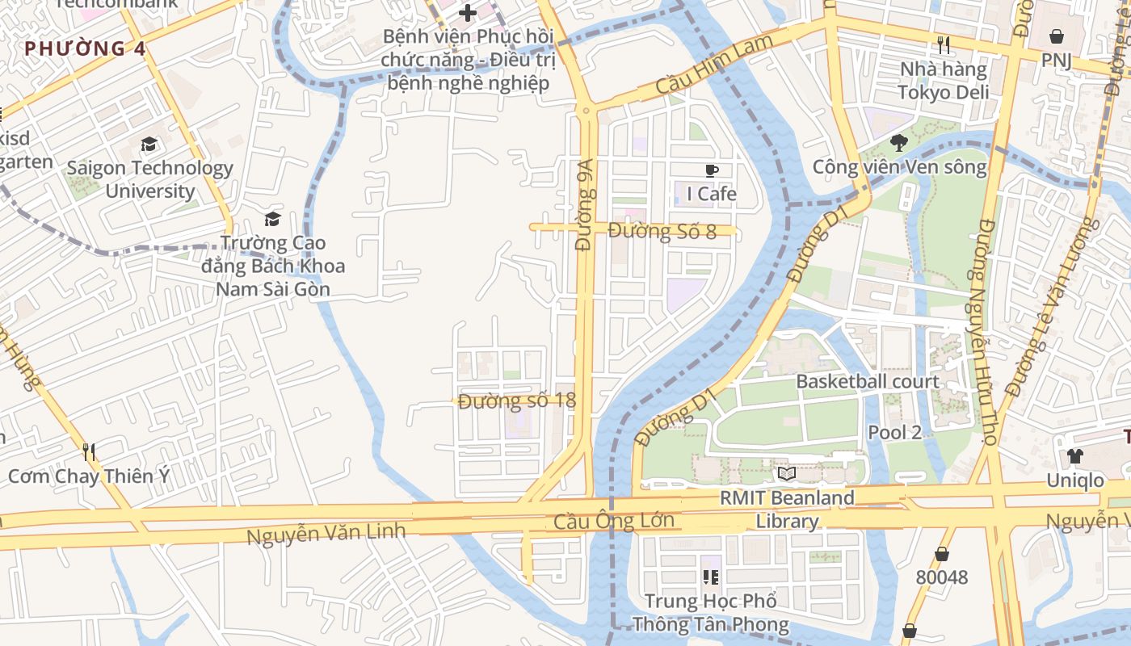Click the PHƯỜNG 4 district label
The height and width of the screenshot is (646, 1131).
(x=85, y=49)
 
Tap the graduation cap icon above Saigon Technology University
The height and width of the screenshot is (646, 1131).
(x=149, y=145)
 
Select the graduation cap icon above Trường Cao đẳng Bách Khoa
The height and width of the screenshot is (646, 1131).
(x=273, y=219)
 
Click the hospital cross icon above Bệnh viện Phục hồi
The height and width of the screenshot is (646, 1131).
(x=467, y=13)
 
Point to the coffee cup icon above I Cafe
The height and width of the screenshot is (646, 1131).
(x=711, y=170)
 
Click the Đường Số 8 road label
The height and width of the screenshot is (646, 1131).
(x=662, y=232)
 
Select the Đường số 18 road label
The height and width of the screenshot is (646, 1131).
(x=516, y=401)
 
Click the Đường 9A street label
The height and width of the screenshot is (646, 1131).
(x=585, y=203)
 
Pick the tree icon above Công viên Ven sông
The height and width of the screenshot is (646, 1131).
(x=898, y=144)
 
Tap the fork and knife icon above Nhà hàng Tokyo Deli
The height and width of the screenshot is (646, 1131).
(x=942, y=44)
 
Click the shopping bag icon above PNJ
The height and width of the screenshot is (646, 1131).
(x=1055, y=36)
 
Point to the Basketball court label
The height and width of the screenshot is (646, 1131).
(x=868, y=382)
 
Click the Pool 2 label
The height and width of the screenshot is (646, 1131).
(x=894, y=432)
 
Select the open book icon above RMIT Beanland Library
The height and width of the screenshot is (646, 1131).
(x=786, y=474)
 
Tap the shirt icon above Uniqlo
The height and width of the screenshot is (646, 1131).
(x=1074, y=456)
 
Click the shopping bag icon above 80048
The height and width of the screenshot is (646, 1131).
(x=941, y=554)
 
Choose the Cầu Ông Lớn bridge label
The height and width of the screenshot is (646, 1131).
(x=614, y=522)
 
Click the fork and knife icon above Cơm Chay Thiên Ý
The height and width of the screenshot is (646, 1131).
(x=89, y=452)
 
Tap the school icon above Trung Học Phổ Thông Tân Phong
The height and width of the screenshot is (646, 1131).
(x=711, y=577)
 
